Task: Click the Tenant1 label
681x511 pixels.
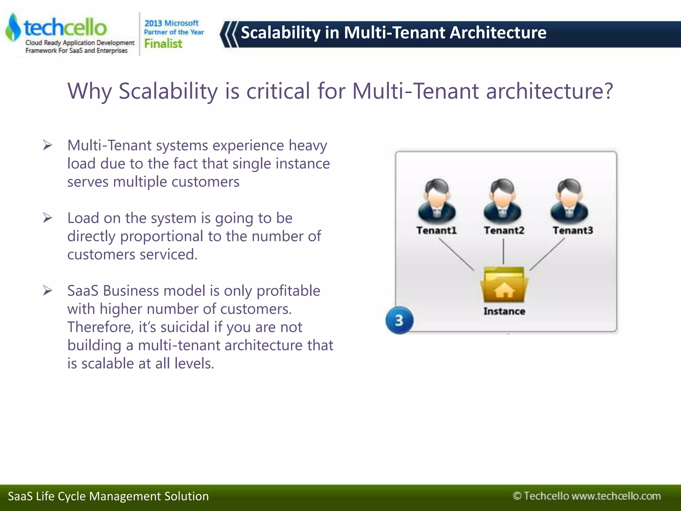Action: point(436,230)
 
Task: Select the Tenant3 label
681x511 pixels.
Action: point(573,230)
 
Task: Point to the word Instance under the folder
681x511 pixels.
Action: point(504,311)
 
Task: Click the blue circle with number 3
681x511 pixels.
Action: point(399,320)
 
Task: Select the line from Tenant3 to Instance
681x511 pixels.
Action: point(547,255)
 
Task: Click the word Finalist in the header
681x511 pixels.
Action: point(163,44)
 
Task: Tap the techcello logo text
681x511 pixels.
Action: point(66,27)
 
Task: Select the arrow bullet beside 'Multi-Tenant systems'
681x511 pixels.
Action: point(48,145)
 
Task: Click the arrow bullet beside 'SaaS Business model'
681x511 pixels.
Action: point(48,291)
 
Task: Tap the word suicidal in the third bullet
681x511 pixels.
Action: point(185,327)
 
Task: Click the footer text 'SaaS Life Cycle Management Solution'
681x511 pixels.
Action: point(108,496)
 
